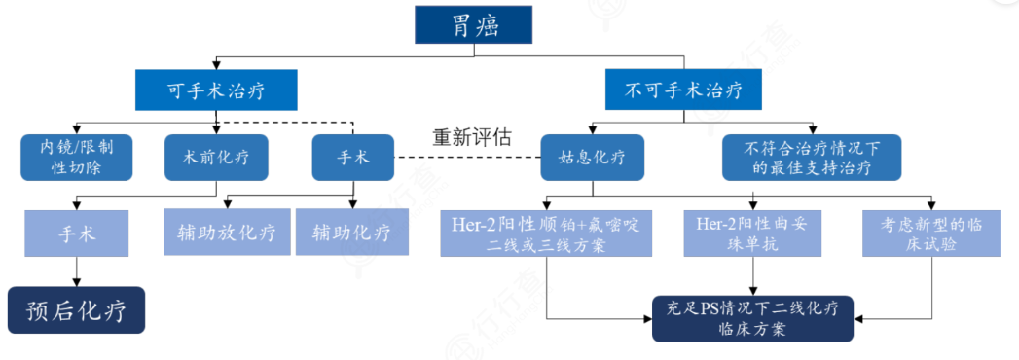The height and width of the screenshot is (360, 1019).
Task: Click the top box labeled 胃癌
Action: pos(475,24)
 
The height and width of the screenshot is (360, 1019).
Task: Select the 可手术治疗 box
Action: pos(202,91)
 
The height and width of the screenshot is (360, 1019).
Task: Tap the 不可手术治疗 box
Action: pos(681,91)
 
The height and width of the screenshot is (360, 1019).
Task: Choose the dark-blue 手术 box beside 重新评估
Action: pos(352,158)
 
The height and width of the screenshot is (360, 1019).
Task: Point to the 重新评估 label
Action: pos(471,137)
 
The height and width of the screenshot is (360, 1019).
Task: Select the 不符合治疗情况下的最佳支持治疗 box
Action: pos(811,158)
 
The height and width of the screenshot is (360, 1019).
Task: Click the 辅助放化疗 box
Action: pos(226,234)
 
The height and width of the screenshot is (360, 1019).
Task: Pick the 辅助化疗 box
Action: pos(350,234)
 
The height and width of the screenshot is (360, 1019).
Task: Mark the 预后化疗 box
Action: pos(77,310)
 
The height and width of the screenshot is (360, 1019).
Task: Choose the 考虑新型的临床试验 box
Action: pos(930,234)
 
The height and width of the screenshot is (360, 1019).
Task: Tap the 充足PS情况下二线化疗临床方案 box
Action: pos(753,319)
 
